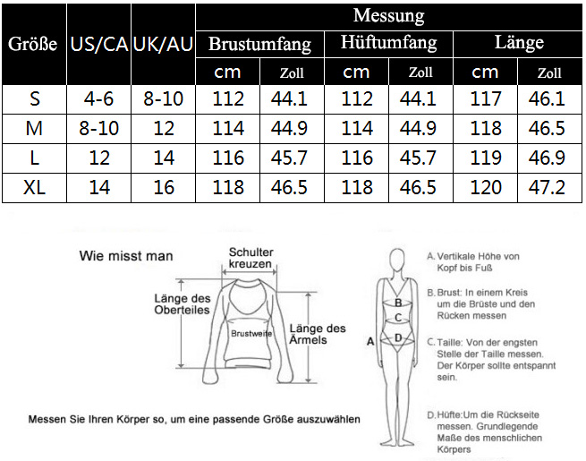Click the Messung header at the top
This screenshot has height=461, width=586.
click(388, 16)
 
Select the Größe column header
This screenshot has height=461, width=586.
click(33, 44)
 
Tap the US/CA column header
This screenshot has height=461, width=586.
click(99, 44)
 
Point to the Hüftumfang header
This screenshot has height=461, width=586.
click(388, 43)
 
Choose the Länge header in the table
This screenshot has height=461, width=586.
click(519, 42)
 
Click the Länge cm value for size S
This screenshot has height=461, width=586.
click(485, 99)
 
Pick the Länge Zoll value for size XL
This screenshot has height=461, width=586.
click(547, 187)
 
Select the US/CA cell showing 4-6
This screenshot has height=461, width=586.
click(98, 99)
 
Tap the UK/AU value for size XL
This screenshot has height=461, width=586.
click(164, 187)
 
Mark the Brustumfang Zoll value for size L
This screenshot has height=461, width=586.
click(289, 158)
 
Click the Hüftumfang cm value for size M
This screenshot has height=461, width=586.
click(357, 128)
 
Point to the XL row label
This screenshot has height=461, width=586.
click(34, 187)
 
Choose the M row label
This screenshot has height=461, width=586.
click(34, 128)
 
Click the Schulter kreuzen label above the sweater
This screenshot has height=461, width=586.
click(251, 258)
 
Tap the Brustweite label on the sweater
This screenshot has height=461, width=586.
click(251, 334)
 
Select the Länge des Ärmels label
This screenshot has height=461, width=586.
click(318, 334)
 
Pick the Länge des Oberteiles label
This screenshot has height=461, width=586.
click(183, 304)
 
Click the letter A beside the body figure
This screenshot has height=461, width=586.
click(370, 341)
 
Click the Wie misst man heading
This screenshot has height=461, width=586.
click(126, 256)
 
